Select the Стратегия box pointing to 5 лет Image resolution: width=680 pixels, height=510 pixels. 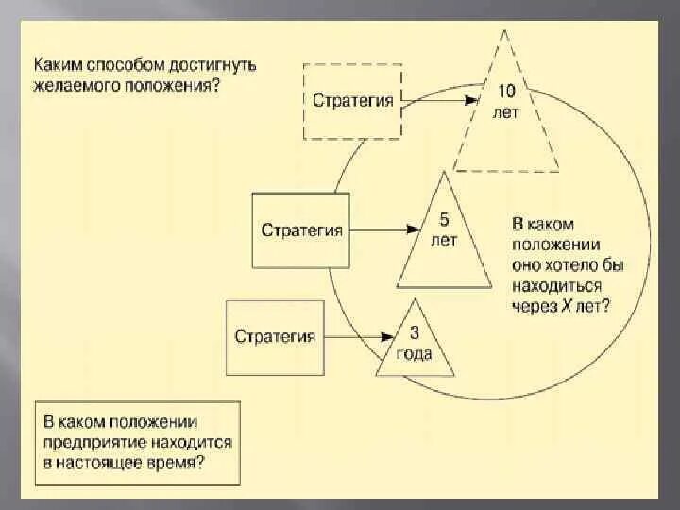301,229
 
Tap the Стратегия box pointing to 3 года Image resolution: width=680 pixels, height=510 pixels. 275,336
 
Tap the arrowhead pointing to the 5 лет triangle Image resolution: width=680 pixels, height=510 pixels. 414,229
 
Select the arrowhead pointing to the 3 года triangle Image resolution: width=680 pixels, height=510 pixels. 388,336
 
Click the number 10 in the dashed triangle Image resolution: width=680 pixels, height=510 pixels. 507,92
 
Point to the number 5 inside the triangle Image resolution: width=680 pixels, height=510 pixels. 445,220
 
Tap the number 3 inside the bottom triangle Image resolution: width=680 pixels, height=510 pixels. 415,331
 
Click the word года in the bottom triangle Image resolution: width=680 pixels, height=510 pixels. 415,354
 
